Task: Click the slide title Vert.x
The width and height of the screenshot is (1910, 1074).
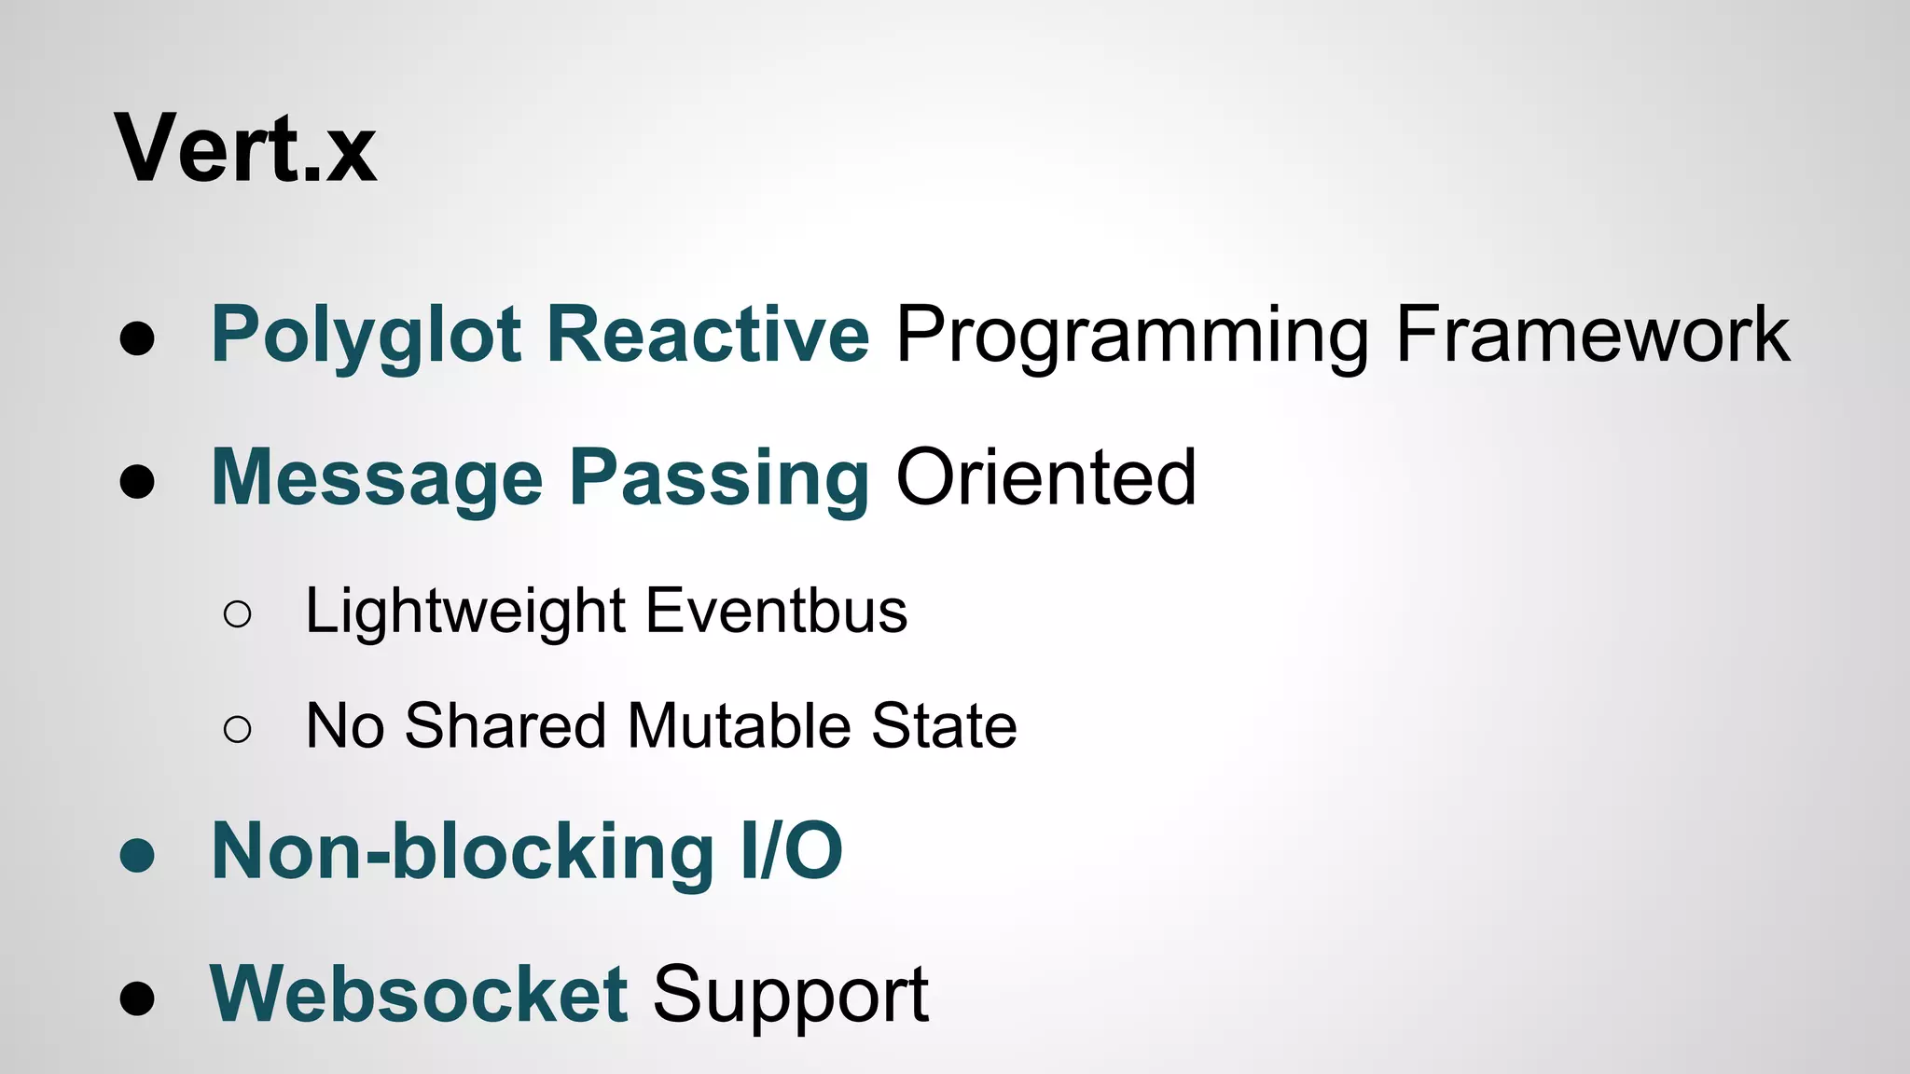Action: pos(245,149)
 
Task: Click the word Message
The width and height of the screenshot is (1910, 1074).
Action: pos(377,478)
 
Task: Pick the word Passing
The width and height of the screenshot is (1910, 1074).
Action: pos(719,478)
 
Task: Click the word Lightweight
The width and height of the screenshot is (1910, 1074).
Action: pos(465,612)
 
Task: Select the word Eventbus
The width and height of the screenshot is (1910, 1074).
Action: pos(776,612)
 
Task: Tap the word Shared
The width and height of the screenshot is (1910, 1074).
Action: pos(505,725)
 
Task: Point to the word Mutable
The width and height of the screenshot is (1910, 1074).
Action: pos(740,725)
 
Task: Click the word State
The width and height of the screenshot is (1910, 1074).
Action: pos(944,725)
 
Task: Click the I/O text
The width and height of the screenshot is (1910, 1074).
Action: pos(792,851)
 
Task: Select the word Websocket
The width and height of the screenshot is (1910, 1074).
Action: pos(419,994)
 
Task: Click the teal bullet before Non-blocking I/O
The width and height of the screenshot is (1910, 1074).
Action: pos(137,854)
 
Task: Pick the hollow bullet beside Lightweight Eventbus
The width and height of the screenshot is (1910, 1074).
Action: pos(238,614)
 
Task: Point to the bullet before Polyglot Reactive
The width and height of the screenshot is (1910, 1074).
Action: pos(137,338)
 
